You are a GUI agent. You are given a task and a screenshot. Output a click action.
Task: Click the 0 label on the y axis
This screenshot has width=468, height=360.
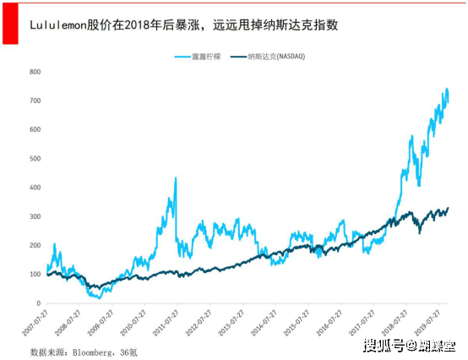point(38,303)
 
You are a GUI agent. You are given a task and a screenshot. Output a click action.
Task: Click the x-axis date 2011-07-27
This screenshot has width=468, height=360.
point(166,325)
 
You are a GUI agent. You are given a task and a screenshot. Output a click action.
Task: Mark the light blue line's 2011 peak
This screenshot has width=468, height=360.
point(175,178)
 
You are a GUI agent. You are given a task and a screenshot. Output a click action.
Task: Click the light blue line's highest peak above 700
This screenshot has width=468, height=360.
point(446,89)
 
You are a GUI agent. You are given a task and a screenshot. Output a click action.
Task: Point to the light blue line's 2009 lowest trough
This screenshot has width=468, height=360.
point(99,298)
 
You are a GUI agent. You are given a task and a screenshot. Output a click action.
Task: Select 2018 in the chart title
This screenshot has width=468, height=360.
point(134,25)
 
